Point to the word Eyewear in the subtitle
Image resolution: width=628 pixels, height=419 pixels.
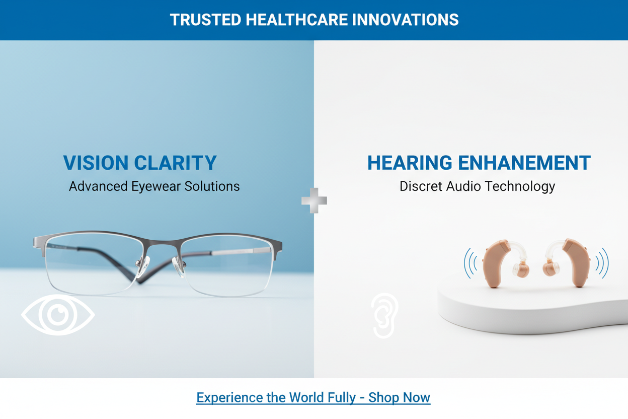coord(156,186)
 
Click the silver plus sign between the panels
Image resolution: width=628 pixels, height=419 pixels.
coord(314,200)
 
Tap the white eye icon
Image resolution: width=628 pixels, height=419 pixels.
coord(58,315)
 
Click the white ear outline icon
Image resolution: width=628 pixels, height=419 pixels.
coord(384,316)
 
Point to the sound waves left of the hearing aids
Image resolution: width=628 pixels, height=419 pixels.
coord(470,263)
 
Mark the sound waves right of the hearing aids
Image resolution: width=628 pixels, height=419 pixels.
coord(602,263)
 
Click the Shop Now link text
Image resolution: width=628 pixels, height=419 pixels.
coord(399,397)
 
